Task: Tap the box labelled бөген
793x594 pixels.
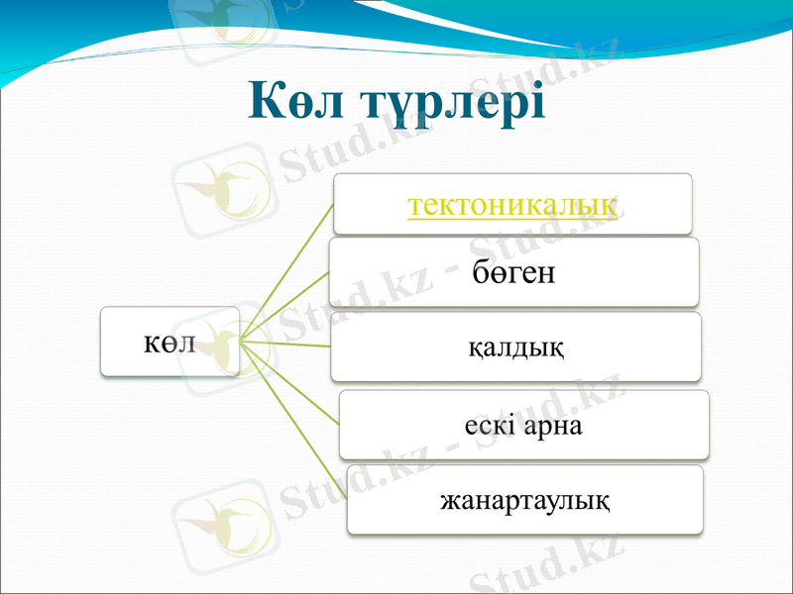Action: click(513, 272)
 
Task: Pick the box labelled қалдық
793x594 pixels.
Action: click(515, 347)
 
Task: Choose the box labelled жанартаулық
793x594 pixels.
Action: click(524, 500)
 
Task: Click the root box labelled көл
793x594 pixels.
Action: click(170, 342)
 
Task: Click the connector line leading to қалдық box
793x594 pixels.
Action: click(287, 344)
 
